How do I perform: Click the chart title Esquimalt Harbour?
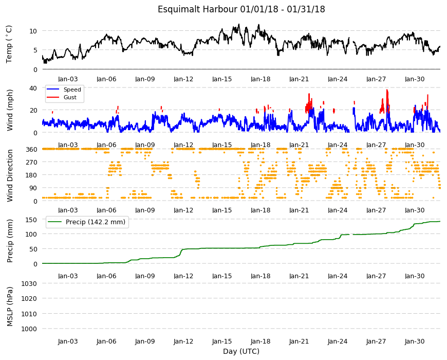[198, 9]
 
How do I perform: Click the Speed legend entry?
[72, 89]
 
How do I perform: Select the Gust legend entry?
[70, 97]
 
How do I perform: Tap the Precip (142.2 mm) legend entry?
[96, 222]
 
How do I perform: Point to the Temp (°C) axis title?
[9, 44]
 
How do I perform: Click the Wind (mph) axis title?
[10, 110]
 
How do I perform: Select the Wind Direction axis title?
[10, 175]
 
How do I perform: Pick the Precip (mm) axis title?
[10, 241]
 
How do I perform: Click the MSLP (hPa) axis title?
[10, 307]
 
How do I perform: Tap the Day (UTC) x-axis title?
[241, 351]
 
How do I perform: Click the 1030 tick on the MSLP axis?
[29, 284]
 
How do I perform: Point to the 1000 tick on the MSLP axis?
[29, 329]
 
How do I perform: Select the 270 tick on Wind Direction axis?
[31, 163]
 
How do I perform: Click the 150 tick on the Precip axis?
[31, 220]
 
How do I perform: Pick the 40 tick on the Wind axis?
[33, 88]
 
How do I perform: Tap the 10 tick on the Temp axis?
[33, 31]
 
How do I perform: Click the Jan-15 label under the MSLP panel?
[222, 341]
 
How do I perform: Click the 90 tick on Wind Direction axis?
[33, 188]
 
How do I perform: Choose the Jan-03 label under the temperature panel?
[68, 79]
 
